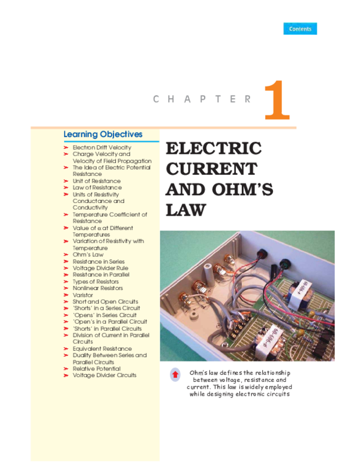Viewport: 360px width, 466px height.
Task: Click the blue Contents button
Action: tap(300, 29)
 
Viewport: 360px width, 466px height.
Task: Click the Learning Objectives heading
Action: tap(103, 135)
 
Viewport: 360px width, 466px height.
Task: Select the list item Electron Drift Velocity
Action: tap(102, 147)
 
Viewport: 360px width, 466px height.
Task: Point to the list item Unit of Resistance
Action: tap(97, 181)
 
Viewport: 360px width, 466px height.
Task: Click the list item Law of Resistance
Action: tap(97, 187)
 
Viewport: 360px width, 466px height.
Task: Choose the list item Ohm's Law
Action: tap(88, 255)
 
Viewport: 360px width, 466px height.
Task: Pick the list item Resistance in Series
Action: tap(99, 262)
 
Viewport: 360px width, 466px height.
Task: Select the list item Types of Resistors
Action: tap(96, 282)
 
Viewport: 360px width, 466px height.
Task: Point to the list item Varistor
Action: tap(83, 295)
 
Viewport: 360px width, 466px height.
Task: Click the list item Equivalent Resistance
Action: tap(102, 349)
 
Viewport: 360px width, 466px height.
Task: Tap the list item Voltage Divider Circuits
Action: tap(104, 375)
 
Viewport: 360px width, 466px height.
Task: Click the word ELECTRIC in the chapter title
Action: tap(213, 148)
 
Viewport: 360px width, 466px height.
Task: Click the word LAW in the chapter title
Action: tap(185, 210)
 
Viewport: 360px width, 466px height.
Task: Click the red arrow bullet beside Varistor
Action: tap(67, 295)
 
